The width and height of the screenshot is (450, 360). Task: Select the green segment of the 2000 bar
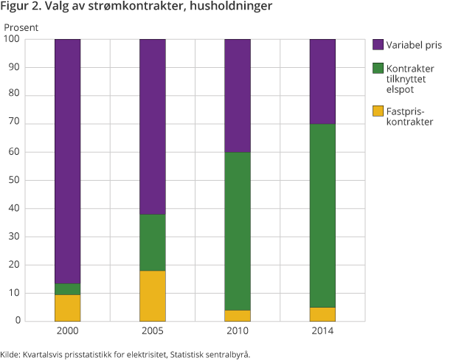point(67,289)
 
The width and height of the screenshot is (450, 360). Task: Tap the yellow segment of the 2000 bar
point(67,308)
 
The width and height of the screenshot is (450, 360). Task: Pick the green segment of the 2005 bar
point(153,243)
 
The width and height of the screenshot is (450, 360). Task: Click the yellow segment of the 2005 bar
point(153,296)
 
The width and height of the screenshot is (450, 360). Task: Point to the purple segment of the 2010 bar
point(238,95)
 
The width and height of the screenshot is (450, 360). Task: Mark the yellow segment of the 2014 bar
point(322,314)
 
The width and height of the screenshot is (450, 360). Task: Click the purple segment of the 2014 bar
point(322,81)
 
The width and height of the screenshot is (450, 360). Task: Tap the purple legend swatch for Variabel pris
point(378,44)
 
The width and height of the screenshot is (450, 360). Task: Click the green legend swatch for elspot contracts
point(378,68)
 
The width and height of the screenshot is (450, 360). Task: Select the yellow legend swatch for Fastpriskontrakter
point(378,111)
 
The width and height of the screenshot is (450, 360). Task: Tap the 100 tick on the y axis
point(12,39)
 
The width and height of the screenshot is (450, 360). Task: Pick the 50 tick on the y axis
point(14,180)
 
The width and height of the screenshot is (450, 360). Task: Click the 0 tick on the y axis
point(17,321)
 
